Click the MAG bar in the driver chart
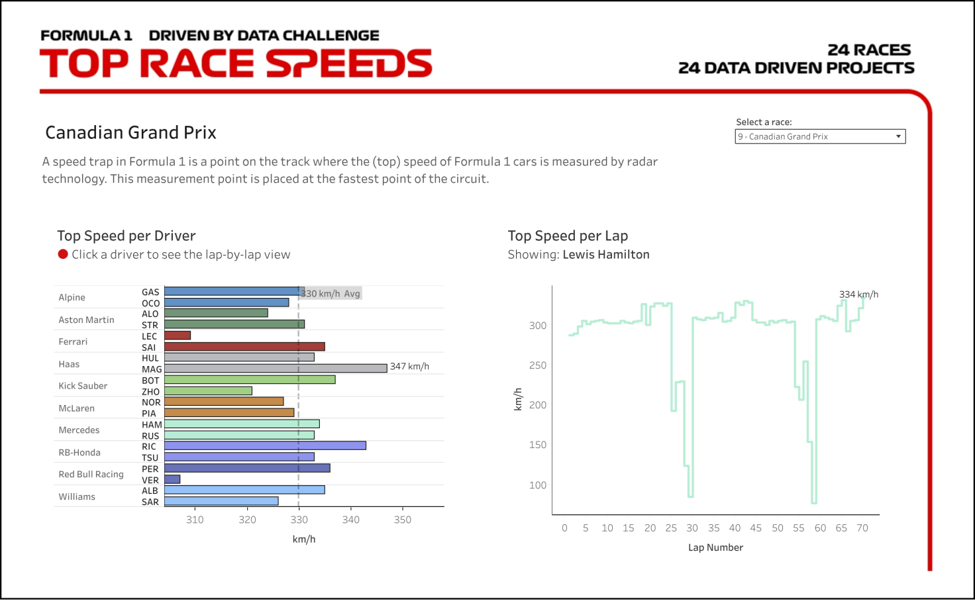[276, 368]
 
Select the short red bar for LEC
[178, 336]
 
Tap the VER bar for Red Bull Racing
[172, 479]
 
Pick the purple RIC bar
[265, 445]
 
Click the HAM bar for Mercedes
[242, 424]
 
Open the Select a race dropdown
[820, 136]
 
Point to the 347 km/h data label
[409, 366]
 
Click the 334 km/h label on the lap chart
[858, 295]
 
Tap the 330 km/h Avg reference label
[331, 293]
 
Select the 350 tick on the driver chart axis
[403, 520]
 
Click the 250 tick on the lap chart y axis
[538, 365]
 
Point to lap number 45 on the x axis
[756, 528]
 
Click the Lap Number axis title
[715, 547]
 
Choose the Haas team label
[69, 364]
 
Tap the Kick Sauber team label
[83, 386]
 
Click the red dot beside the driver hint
[63, 254]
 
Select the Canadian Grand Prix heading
[130, 132]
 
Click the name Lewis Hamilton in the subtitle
[606, 255]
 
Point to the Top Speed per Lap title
[568, 236]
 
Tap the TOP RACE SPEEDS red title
[236, 64]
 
